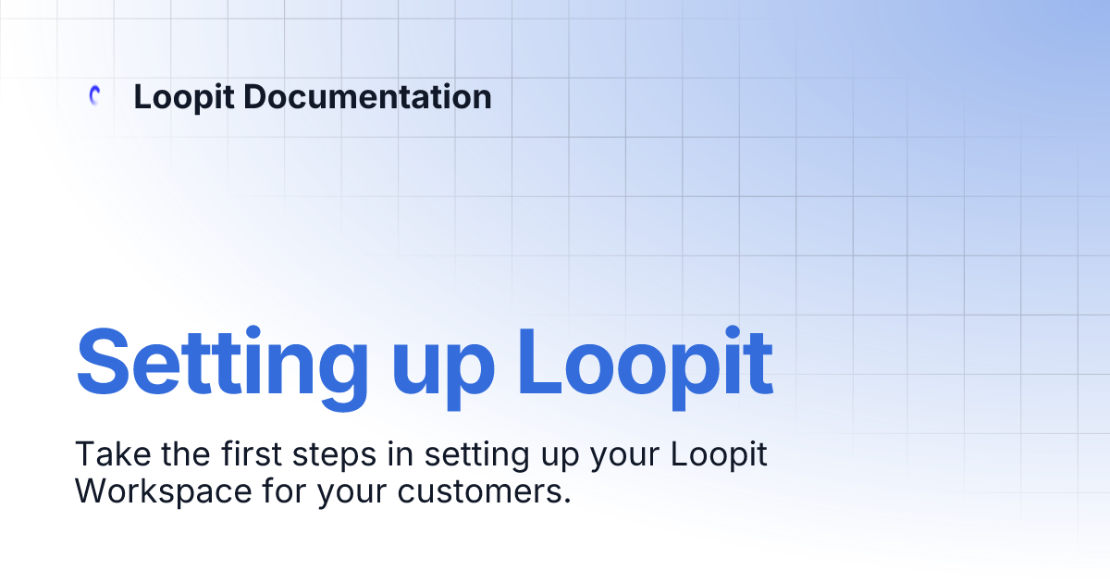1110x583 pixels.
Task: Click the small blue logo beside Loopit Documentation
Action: (93, 95)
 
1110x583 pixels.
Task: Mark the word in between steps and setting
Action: (407, 454)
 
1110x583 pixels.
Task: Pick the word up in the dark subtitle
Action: (556, 458)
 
